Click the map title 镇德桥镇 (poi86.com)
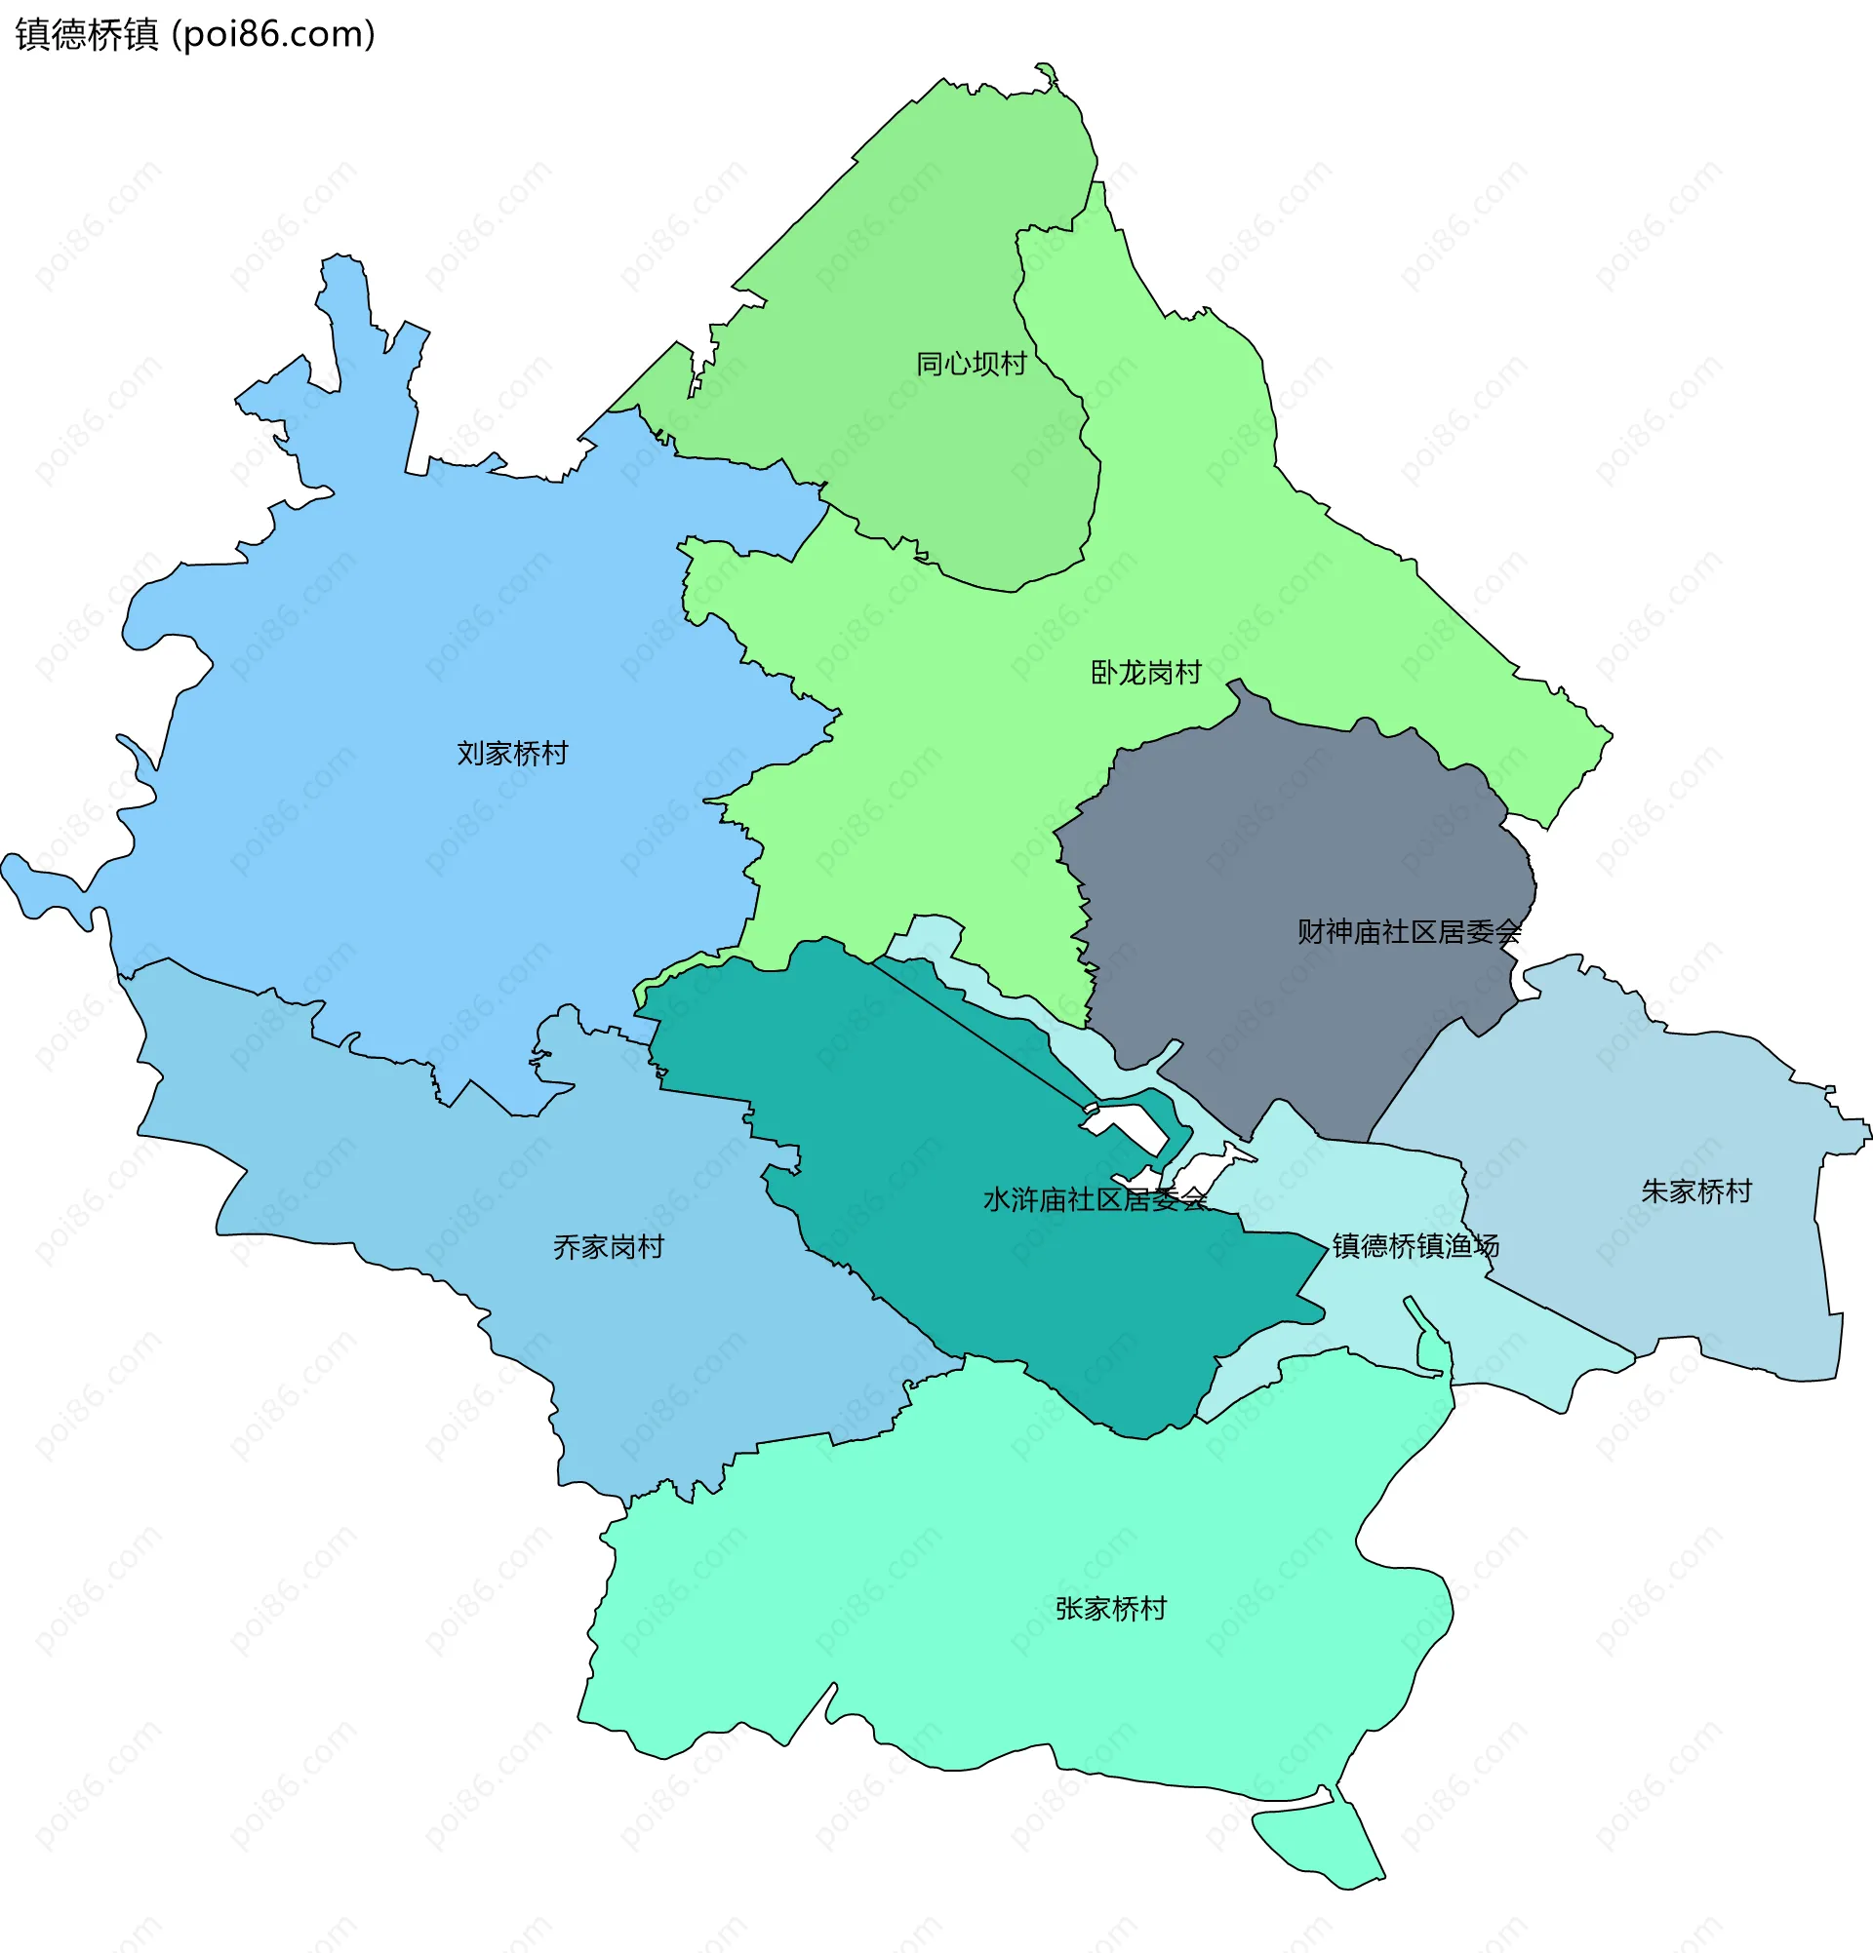[195, 35]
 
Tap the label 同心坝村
[971, 364]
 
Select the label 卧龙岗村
[1145, 673]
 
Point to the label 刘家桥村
[512, 754]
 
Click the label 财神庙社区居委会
[1409, 932]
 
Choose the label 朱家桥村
[1695, 1191]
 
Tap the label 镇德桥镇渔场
[1415, 1245]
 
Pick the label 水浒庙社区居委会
[1095, 1199]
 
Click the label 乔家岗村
[608, 1246]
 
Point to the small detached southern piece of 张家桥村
[1316, 1844]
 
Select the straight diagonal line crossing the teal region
[976, 1032]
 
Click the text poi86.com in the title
[274, 35]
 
